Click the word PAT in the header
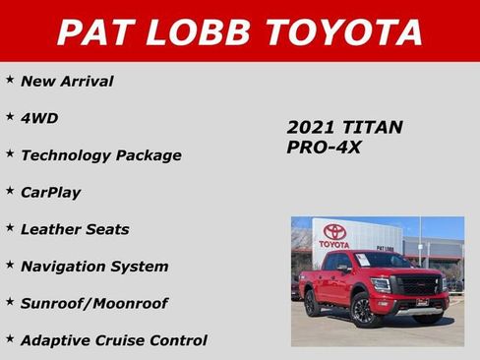coord(96,31)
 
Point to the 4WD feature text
coord(39,118)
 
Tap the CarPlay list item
coord(50,192)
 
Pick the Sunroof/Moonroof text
coord(93,303)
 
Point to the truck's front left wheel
coord(361,311)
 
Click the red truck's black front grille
coord(418,285)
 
